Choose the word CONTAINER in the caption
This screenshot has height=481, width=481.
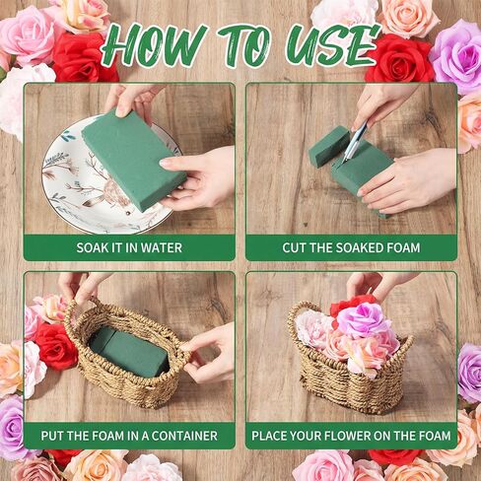click(x=184, y=436)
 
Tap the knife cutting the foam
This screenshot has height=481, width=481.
click(x=354, y=141)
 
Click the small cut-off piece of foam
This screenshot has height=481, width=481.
click(x=329, y=145)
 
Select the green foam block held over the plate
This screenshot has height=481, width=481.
click(x=133, y=160)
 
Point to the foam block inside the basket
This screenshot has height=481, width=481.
click(x=129, y=353)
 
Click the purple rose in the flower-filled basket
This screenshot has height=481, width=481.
click(x=361, y=319)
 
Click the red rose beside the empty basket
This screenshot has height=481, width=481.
click(x=55, y=346)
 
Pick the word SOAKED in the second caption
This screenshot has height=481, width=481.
click(x=359, y=247)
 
